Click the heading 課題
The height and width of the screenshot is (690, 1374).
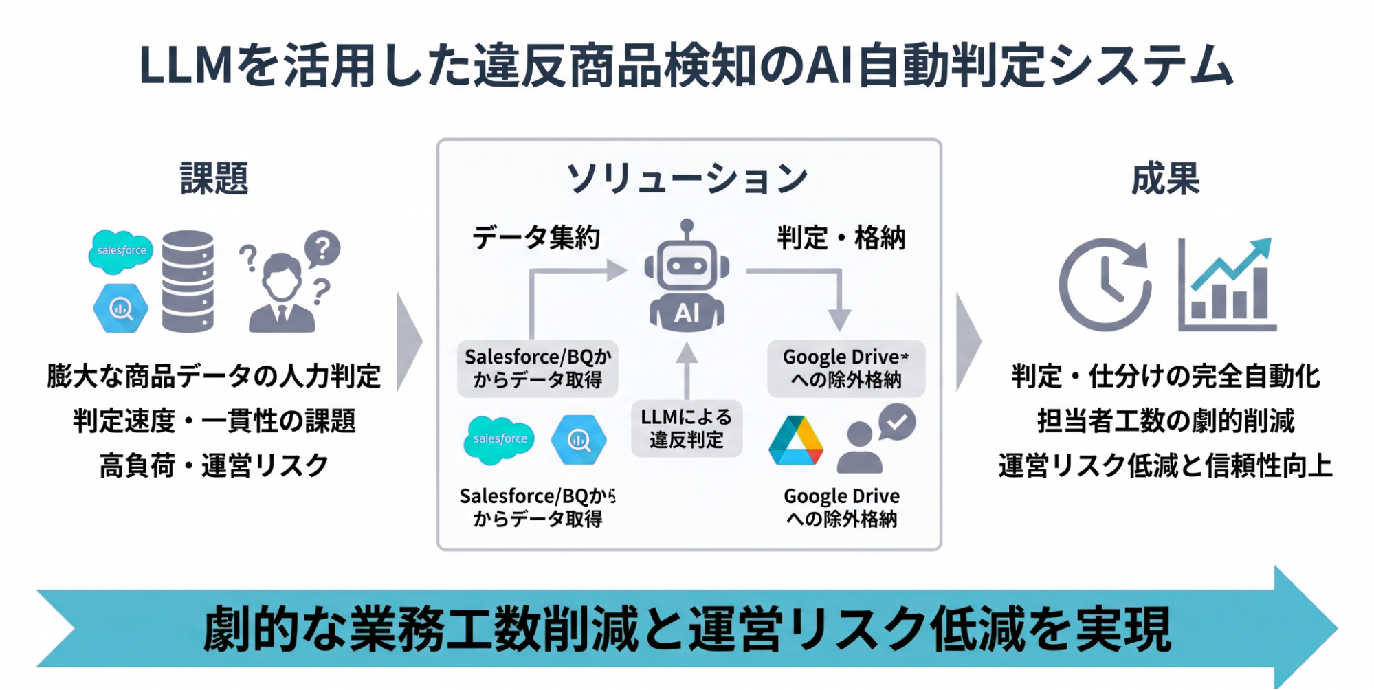tap(214, 179)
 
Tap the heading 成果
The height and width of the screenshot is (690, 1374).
tap(1165, 179)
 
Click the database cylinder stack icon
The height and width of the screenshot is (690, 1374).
tap(188, 281)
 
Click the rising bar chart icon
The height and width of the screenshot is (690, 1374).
tap(1227, 285)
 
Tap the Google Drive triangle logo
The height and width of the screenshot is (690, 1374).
tap(796, 441)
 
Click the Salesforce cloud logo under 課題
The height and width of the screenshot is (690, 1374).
tap(121, 251)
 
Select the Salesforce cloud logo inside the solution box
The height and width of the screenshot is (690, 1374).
tap(500, 439)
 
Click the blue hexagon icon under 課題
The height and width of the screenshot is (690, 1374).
tap(121, 309)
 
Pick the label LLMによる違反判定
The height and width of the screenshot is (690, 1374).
tap(686, 428)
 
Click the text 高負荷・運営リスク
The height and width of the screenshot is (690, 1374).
tap(214, 466)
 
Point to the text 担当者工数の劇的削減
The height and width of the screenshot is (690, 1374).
tap(1165, 421)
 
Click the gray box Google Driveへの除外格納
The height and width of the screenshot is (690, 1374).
tap(845, 368)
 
